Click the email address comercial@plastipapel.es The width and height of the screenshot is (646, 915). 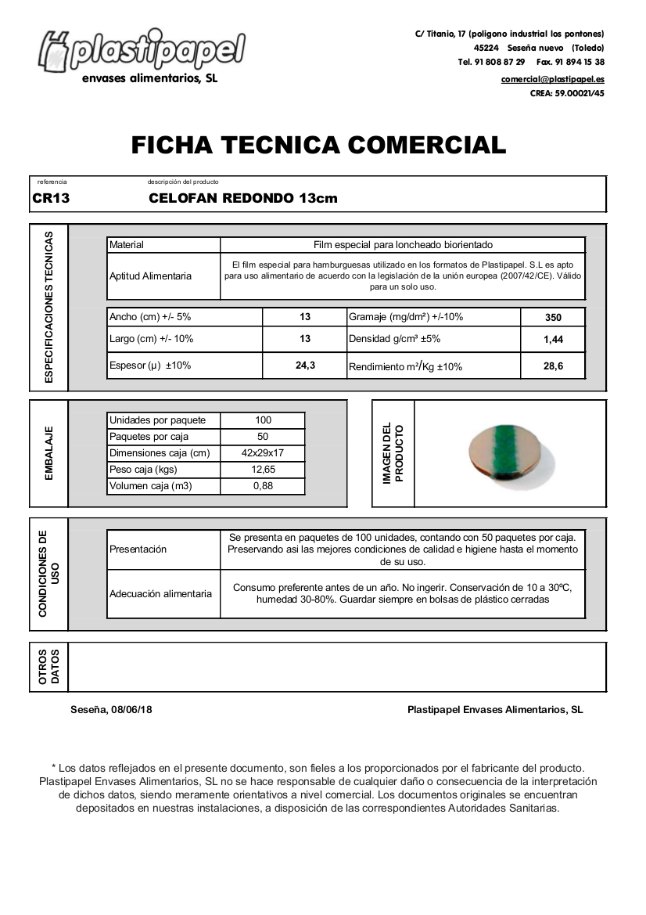552,79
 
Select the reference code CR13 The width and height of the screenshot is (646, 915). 51,199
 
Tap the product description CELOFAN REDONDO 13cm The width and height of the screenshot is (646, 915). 242,199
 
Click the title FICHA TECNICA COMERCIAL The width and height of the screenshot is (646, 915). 318,145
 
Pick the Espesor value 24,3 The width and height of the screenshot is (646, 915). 305,366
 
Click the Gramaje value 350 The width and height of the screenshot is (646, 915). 553,318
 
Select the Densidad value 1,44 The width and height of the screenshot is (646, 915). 553,340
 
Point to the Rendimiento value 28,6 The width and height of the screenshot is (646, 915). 553,366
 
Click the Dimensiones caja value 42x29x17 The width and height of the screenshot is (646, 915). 263,453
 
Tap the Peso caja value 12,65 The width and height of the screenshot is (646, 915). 263,470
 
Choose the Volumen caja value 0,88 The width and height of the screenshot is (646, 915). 263,486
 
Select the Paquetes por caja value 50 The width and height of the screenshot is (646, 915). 263,437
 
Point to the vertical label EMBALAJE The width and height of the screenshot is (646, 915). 49,453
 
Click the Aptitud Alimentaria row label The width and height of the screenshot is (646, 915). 150,276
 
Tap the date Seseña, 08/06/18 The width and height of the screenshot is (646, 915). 111,710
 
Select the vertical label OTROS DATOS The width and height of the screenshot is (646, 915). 49,667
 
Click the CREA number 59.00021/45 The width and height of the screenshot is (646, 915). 580,93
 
